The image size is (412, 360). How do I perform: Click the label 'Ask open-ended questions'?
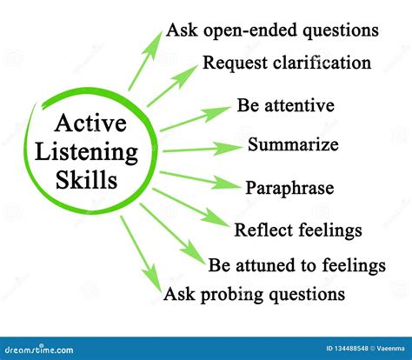coord(272,30)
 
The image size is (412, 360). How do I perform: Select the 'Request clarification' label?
coord(287,63)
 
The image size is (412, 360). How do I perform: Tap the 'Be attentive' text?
coord(285,106)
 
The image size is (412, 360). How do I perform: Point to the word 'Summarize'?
coord(293,144)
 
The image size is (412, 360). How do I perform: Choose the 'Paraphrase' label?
coord(289,187)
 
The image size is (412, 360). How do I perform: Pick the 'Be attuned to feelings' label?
coord(296,263)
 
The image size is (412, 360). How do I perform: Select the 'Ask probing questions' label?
coord(254,294)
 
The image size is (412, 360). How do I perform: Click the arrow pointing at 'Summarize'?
coord(198,150)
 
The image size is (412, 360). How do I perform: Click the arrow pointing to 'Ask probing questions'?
coord(139,252)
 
